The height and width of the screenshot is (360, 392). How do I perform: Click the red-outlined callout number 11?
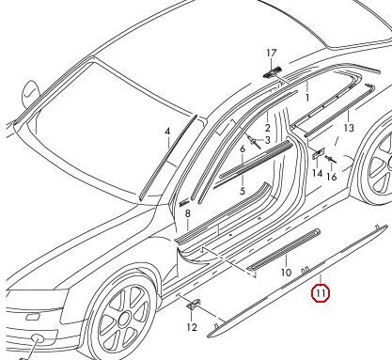[321, 293]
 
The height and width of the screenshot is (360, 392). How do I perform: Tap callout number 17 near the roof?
[272, 54]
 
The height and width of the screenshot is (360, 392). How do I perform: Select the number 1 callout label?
[307, 98]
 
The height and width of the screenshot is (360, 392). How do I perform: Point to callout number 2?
[267, 128]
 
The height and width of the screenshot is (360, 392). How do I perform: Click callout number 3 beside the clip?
[267, 140]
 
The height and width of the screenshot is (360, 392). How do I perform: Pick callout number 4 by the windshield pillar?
[167, 132]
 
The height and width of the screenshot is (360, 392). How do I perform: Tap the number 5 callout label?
[243, 191]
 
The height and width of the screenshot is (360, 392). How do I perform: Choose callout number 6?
[243, 149]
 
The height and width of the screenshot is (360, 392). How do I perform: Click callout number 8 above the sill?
[187, 214]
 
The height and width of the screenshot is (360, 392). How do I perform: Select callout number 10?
[286, 273]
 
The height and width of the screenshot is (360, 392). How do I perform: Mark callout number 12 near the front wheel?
[192, 327]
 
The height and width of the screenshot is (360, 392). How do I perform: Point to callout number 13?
[349, 128]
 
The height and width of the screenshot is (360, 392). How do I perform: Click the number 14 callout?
[317, 173]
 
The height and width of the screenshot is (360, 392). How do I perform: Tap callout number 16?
[331, 177]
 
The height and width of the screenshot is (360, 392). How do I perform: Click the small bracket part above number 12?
[194, 304]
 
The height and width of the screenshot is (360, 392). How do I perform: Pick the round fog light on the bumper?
[39, 340]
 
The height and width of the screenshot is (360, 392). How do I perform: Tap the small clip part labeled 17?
[272, 72]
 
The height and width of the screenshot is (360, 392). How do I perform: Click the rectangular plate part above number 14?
[318, 153]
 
